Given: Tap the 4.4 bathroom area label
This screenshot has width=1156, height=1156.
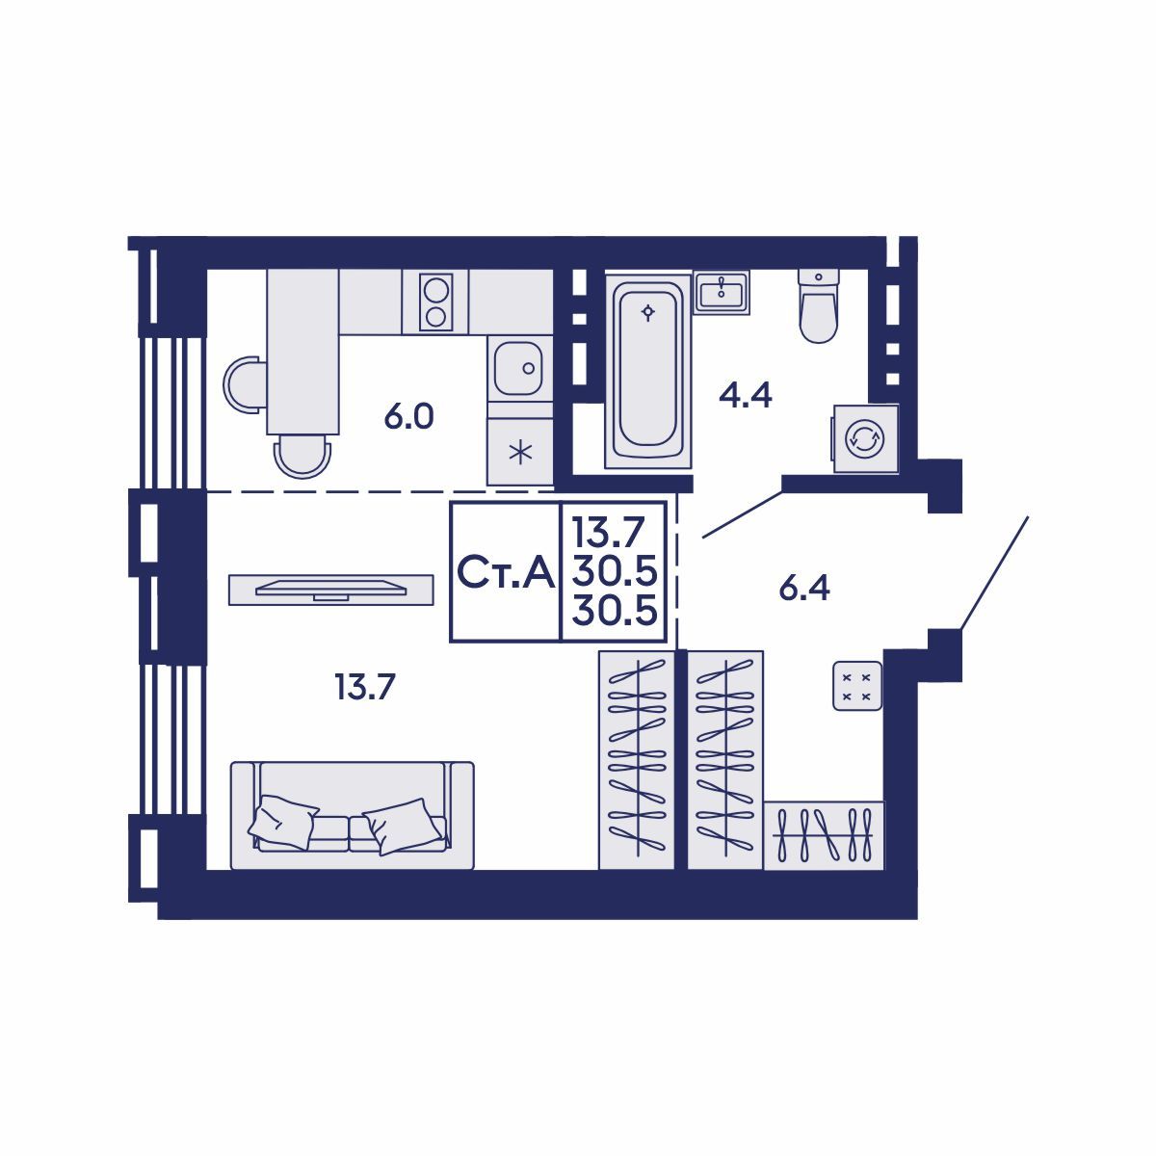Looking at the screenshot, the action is click(x=745, y=395).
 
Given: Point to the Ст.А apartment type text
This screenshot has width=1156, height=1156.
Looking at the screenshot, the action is click(x=506, y=572).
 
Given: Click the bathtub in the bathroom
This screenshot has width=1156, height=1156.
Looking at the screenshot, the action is click(x=648, y=371).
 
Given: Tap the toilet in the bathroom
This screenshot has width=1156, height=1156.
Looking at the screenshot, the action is click(x=818, y=305).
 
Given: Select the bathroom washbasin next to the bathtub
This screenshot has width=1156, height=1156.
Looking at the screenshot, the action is click(x=722, y=292).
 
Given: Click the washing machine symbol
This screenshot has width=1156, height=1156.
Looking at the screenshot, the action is click(x=865, y=438).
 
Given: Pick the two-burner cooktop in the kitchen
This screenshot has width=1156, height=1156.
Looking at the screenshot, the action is click(x=435, y=302).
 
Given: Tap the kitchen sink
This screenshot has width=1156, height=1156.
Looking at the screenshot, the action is click(x=519, y=368).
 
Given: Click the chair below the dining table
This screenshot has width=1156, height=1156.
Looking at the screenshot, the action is click(x=302, y=457).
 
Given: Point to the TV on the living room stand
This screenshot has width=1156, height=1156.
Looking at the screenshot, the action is click(x=330, y=590).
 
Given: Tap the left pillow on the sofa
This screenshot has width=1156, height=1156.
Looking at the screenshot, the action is click(x=282, y=822).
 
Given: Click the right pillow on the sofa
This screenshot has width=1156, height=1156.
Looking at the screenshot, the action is click(x=403, y=826).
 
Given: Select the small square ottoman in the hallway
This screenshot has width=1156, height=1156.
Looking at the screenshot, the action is click(x=857, y=686).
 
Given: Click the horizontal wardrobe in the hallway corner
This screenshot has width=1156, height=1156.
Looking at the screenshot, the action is click(x=824, y=835).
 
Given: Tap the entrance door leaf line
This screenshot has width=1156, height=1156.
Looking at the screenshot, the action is click(x=994, y=573).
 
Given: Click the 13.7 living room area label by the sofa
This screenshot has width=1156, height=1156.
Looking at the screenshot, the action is click(x=365, y=687).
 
